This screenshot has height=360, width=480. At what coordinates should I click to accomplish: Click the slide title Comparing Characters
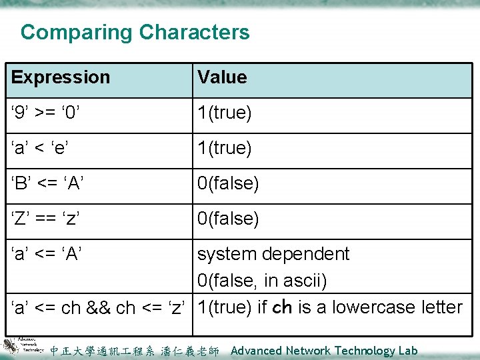pos(135,32)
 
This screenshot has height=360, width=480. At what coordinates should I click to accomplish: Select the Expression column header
pos(61,77)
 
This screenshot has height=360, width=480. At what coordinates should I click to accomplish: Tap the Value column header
pos(222,77)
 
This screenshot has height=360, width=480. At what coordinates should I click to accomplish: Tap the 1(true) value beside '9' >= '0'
pos(225,113)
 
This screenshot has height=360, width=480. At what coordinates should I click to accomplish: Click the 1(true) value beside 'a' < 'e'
pos(225,148)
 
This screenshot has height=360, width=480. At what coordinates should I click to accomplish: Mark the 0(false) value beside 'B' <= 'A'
pos(228,183)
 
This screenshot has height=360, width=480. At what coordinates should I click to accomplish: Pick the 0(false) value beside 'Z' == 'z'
pos(228,219)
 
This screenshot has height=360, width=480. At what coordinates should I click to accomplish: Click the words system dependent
pos(273,254)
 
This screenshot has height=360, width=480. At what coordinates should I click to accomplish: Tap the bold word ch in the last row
pos(283,307)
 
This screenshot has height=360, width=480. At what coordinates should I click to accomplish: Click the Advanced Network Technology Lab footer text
pos(324,351)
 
